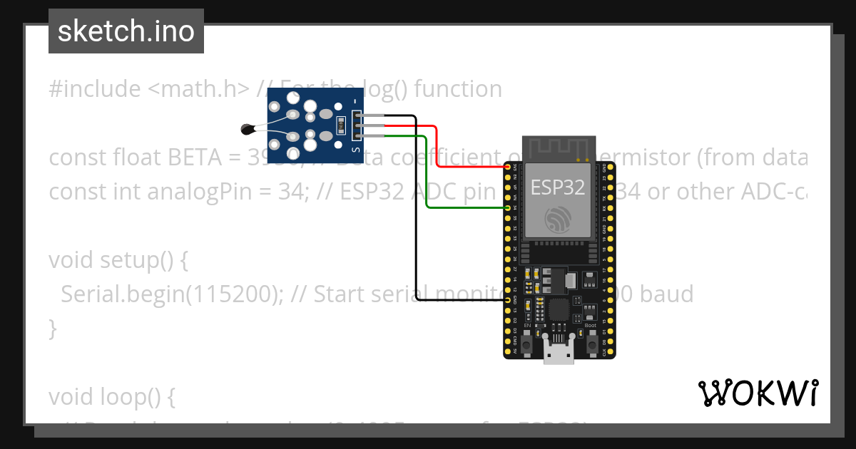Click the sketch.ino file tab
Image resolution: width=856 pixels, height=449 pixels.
[x=126, y=31]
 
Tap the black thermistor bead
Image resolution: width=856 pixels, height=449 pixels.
[x=248, y=129]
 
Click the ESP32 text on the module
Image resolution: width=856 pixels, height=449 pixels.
[x=558, y=187]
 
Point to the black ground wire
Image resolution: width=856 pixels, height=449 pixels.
[x=416, y=214]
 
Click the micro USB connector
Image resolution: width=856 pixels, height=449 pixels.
[x=559, y=350]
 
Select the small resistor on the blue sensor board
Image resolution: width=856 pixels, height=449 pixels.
[x=340, y=125]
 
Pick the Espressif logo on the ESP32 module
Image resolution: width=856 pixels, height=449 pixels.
[x=558, y=219]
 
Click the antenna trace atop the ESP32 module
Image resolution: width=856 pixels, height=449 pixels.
[x=559, y=150]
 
